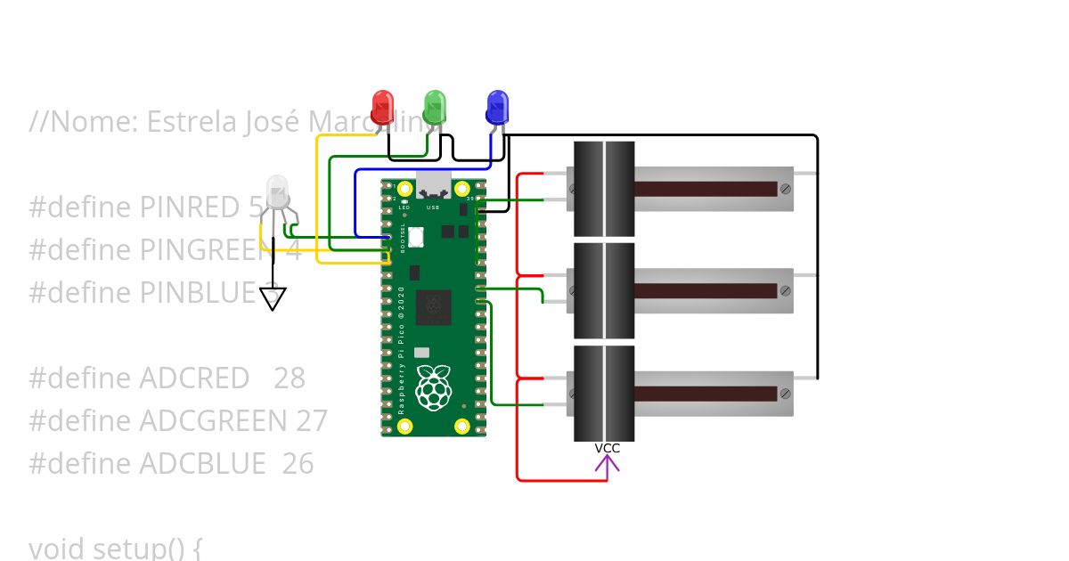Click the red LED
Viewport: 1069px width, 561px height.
coord(383,107)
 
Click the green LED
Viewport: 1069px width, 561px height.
coord(434,107)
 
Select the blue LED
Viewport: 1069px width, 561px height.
coord(497,107)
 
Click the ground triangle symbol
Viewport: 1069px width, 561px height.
coord(273,298)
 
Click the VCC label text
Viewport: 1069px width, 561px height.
coord(608,448)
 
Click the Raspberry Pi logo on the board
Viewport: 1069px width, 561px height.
coord(433,388)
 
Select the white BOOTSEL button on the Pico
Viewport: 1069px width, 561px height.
coord(416,236)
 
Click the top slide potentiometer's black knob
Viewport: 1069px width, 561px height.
coord(604,189)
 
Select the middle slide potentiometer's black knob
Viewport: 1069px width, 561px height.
coord(604,290)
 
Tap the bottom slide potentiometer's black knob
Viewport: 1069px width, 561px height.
coord(604,393)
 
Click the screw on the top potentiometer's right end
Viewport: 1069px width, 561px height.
coord(785,189)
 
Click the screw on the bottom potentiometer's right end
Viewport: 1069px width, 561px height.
coord(785,393)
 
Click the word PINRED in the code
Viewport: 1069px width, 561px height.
coord(190,207)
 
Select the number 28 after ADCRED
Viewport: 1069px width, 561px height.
coord(290,378)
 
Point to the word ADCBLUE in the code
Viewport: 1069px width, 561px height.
coord(202,464)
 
